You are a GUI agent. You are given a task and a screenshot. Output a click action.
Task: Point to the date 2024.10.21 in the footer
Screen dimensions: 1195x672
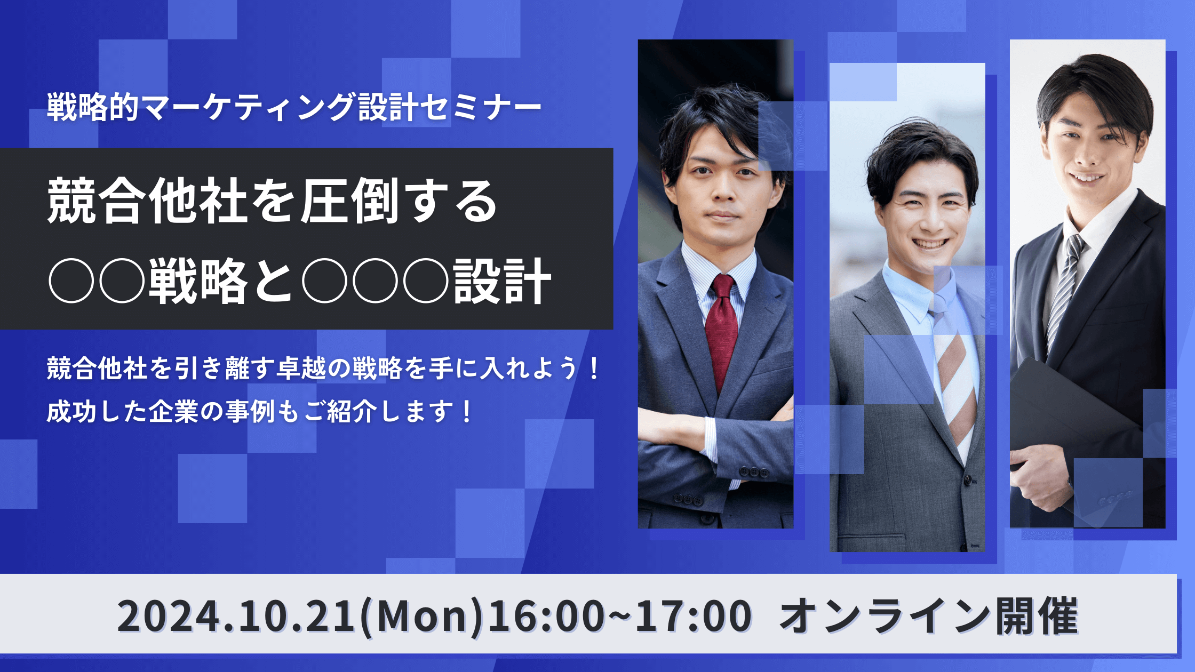tap(236, 616)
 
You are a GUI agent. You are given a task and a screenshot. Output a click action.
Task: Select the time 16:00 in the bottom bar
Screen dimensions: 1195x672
tap(546, 616)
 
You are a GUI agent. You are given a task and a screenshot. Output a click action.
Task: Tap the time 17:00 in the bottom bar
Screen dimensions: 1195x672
tap(693, 616)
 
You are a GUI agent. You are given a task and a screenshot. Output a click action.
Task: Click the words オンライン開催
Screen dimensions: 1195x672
tap(929, 616)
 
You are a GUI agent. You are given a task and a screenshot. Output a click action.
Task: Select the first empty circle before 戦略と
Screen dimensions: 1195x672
tap(71, 281)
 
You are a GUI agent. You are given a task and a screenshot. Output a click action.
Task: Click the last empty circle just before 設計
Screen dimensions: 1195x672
tap(426, 281)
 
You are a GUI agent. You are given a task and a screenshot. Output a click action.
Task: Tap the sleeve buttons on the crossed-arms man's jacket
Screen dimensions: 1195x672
tap(753, 473)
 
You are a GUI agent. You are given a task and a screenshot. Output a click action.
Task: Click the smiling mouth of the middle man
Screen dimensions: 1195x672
tap(929, 244)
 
